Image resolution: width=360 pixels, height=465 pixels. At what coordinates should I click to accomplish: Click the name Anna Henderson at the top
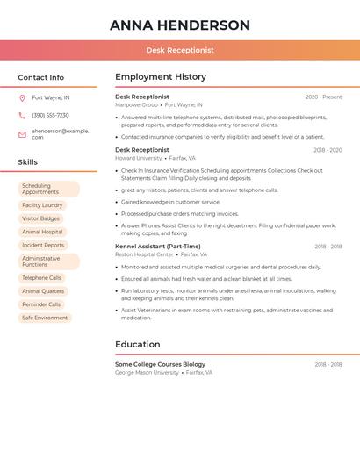180,25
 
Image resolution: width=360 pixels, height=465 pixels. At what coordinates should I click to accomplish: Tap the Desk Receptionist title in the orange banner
180,50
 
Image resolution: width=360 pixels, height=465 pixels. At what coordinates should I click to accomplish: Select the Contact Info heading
41,77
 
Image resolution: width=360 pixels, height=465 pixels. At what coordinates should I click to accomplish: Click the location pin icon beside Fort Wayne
22,97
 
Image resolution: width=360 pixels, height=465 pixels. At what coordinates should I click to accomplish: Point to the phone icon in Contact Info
22,115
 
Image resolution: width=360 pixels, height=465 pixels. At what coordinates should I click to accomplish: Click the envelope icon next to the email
22,134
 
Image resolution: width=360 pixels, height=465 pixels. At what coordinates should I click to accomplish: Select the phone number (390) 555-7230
50,115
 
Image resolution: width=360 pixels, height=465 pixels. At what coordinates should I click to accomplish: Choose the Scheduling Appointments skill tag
48,189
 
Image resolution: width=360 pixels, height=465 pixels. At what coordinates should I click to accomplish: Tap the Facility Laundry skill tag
42,205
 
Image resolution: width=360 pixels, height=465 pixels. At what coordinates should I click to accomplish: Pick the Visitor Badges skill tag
41,218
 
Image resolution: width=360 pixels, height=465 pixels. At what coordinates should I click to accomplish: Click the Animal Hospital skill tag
42,232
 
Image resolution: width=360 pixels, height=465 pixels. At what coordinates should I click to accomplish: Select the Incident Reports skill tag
43,246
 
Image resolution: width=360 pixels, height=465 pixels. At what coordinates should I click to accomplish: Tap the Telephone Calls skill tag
41,277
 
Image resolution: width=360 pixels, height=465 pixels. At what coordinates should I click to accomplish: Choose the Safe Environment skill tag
45,318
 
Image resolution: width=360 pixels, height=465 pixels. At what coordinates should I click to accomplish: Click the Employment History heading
161,77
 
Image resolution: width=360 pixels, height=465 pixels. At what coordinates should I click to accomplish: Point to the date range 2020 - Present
323,97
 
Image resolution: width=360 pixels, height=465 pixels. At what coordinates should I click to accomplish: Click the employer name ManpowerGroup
137,105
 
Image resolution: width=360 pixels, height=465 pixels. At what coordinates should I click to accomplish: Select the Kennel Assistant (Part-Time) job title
158,247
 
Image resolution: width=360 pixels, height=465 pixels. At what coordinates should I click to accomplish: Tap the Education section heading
138,345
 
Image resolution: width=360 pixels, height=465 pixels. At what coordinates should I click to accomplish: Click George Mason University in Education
147,373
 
